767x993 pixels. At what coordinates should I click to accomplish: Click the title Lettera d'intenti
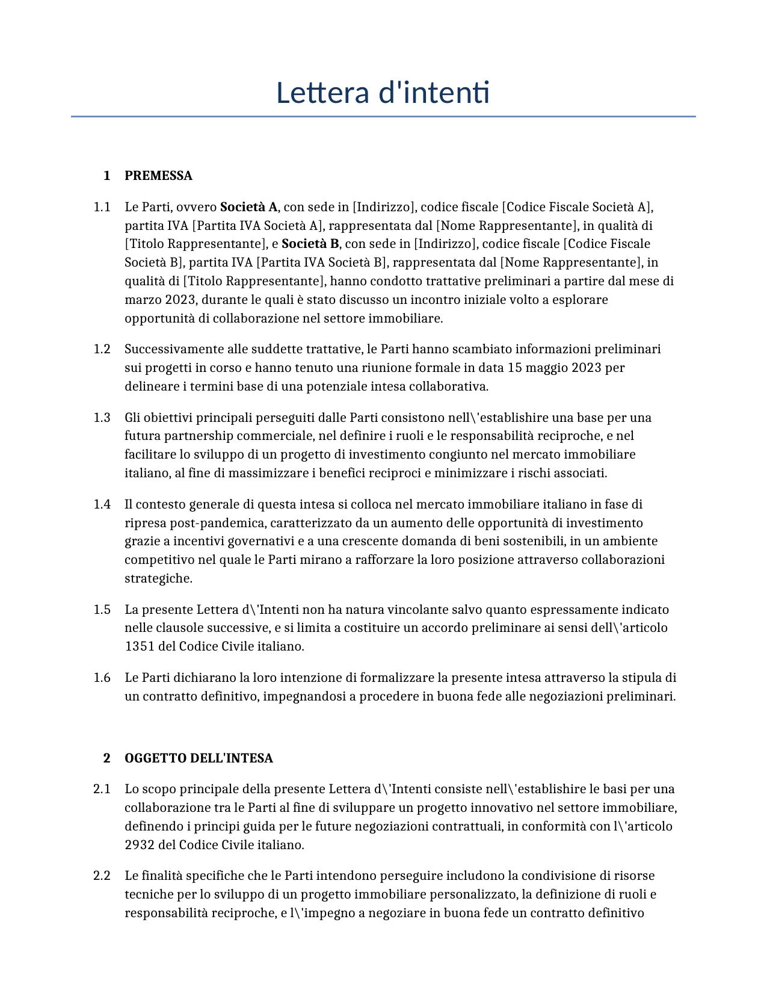pyautogui.click(x=383, y=93)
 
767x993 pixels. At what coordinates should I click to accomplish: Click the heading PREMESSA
pyautogui.click(x=158, y=176)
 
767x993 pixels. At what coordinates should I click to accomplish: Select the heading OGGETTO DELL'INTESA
pyautogui.click(x=199, y=758)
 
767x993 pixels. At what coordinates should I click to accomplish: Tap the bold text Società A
pyautogui.click(x=248, y=207)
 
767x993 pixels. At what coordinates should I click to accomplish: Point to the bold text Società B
pyautogui.click(x=310, y=244)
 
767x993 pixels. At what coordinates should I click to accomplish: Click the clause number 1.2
pyautogui.click(x=102, y=349)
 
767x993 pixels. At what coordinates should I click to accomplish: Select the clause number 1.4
pyautogui.click(x=102, y=504)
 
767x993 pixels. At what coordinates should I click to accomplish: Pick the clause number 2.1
pyautogui.click(x=102, y=789)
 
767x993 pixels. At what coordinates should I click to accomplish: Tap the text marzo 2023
pyautogui.click(x=160, y=300)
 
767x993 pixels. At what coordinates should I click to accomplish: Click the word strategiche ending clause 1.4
pyautogui.click(x=158, y=578)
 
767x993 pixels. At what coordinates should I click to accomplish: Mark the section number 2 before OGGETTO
pyautogui.click(x=106, y=758)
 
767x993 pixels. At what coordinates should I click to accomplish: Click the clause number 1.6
pyautogui.click(x=102, y=678)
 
